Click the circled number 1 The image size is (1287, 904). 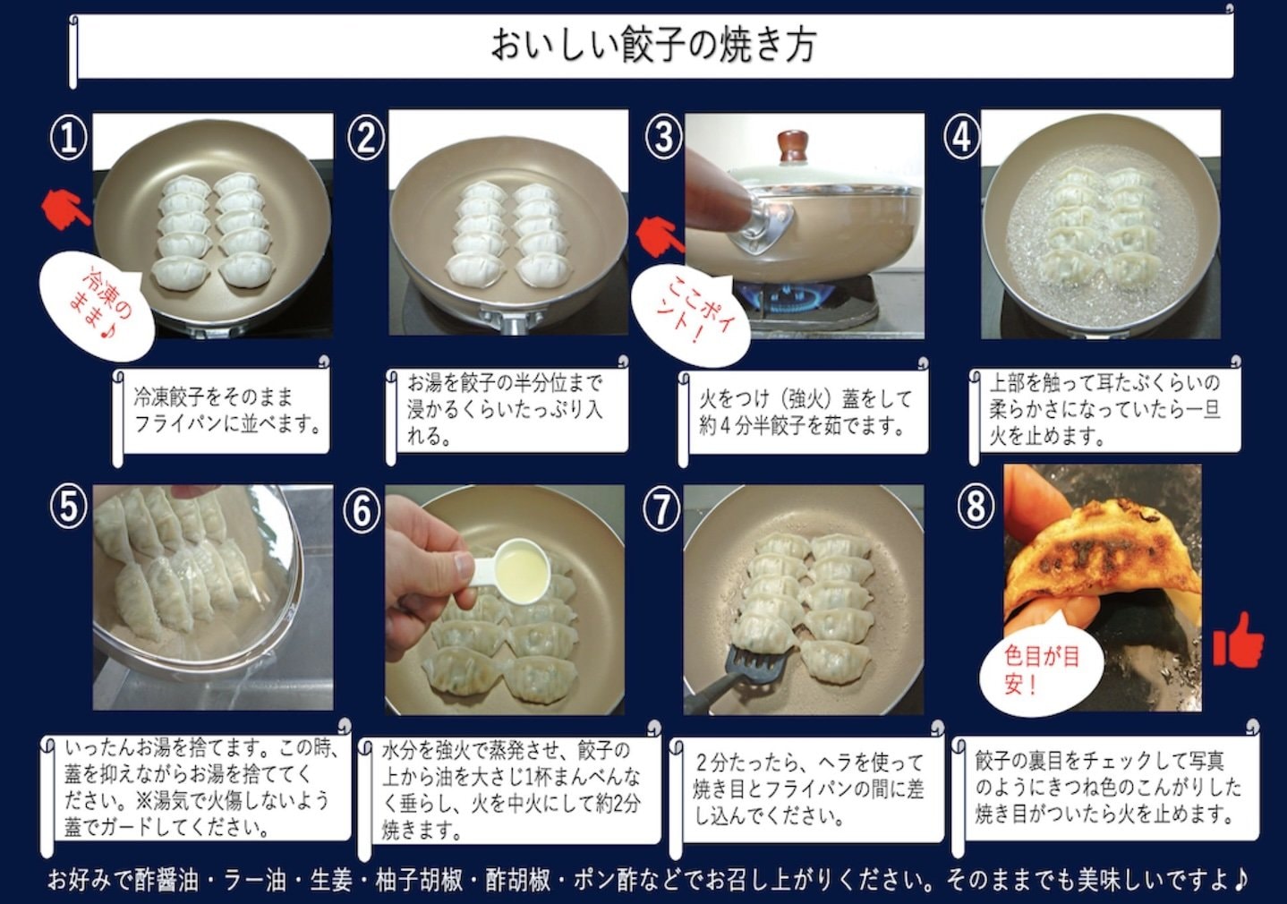(x=68, y=139)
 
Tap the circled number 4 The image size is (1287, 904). (x=962, y=138)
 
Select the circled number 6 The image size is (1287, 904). (x=362, y=511)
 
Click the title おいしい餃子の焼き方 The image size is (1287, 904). (x=653, y=46)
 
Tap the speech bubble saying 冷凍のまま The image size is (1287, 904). (x=98, y=304)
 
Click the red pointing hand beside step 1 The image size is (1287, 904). (x=65, y=210)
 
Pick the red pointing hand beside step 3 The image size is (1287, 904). (x=661, y=235)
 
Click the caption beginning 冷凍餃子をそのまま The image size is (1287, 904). (x=227, y=410)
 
